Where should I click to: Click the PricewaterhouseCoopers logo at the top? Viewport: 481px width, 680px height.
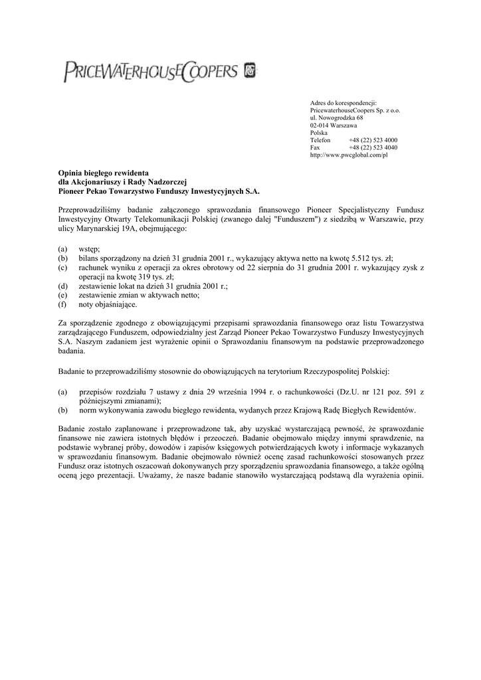click(x=159, y=71)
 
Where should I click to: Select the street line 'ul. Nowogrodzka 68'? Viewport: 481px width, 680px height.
click(x=337, y=118)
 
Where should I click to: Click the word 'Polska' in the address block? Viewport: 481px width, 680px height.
click(x=319, y=133)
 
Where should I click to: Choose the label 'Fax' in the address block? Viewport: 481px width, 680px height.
click(x=315, y=147)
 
